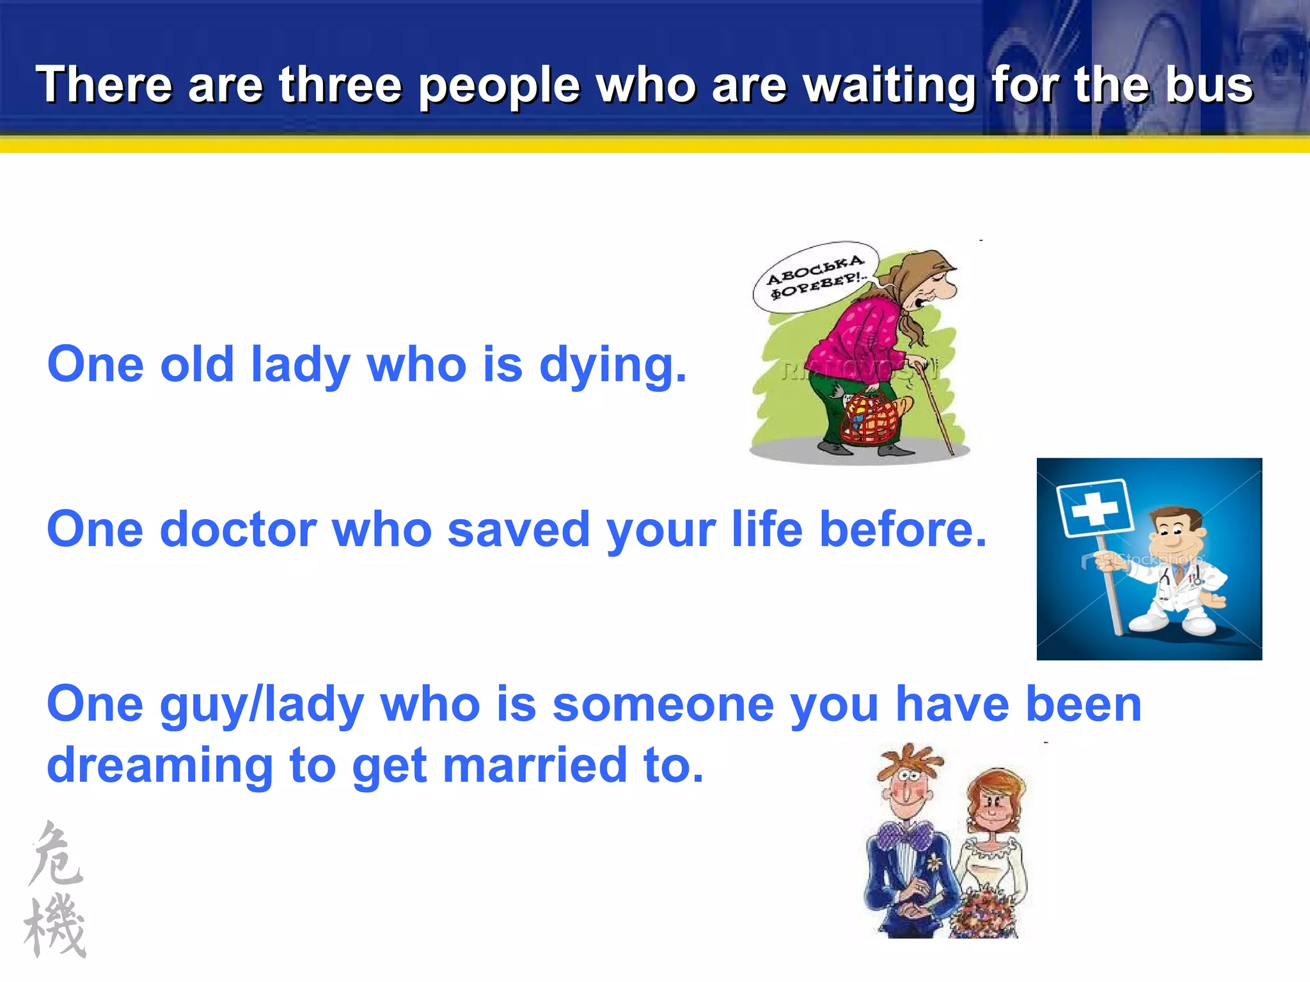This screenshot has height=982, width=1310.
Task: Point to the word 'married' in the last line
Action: pyautogui.click(x=535, y=765)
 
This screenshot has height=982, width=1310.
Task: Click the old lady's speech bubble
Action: pyautogui.click(x=815, y=276)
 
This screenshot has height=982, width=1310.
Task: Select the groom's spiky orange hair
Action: pyautogui.click(x=910, y=761)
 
